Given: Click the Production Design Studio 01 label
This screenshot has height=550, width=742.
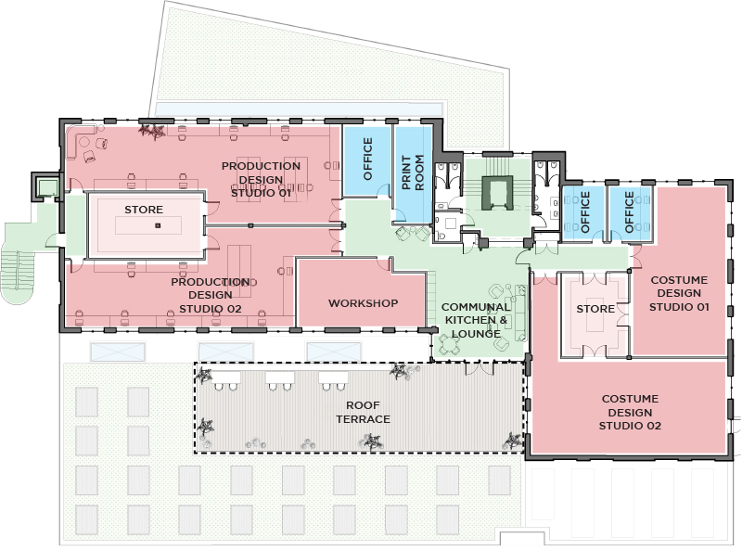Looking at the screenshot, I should tap(261, 179).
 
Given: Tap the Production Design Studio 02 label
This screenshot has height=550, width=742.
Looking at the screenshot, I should tap(210, 294).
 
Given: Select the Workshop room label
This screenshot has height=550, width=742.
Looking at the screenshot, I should tap(363, 303).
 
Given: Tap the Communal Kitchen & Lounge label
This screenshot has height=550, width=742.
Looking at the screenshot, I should tap(474, 320).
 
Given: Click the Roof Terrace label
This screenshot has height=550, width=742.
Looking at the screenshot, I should tap(368, 412).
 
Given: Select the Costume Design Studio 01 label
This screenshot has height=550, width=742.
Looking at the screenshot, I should tap(678, 293).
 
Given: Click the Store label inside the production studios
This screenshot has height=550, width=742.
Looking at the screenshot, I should tap(144, 210).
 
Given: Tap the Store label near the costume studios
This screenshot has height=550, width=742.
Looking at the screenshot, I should tap(595, 308).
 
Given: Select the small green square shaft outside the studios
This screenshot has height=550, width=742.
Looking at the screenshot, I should tap(44, 186).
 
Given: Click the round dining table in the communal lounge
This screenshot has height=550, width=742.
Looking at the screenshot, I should tap(451, 343).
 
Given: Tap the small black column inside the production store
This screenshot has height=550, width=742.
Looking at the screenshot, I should tap(158, 225).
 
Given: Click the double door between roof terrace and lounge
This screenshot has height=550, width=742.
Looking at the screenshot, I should tap(481, 368).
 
